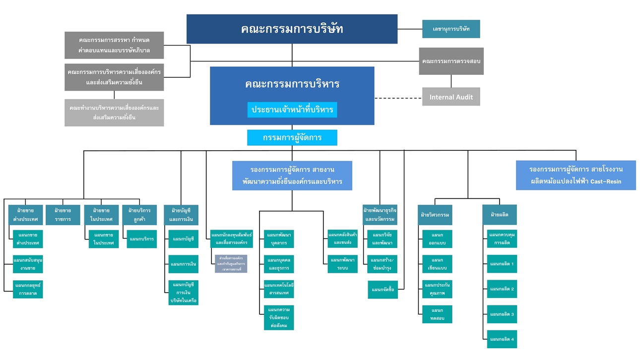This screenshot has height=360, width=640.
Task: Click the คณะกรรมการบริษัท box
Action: tap(292, 29)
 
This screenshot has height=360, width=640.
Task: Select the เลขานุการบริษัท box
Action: tap(451, 29)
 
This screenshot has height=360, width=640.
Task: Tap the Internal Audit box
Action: tap(451, 97)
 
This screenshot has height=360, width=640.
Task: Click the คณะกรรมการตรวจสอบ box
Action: tap(451, 61)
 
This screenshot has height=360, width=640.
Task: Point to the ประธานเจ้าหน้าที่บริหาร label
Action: tap(292, 110)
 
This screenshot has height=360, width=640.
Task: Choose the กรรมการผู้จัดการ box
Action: tap(292, 137)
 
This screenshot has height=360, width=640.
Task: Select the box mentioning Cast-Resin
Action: tap(576, 175)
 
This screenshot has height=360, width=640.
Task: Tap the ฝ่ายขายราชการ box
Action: tap(63, 215)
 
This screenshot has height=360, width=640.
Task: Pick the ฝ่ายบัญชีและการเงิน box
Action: tap(181, 215)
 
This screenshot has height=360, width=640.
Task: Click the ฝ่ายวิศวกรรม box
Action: tap(435, 215)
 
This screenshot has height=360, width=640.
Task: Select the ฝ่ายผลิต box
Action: tap(499, 215)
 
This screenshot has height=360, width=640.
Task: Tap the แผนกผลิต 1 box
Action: tap(502, 264)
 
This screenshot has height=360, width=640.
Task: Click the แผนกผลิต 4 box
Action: tap(502, 339)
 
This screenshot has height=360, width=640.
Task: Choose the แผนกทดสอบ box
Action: tap(437, 314)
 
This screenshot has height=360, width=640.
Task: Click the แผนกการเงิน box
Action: tap(183, 264)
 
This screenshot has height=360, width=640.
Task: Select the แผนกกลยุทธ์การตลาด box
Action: tap(28, 289)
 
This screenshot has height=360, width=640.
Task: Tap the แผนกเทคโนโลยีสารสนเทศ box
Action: tap(279, 289)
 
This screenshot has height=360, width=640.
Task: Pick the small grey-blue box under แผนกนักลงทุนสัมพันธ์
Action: tap(231, 264)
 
